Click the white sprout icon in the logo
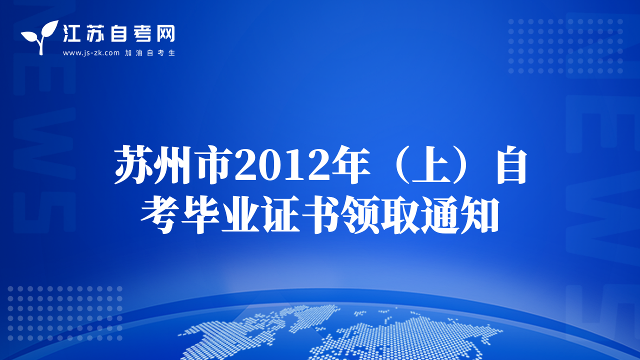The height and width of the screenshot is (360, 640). [x=40, y=37]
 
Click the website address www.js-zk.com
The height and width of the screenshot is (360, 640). [x=91, y=53]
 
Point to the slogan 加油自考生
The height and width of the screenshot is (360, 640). [x=150, y=53]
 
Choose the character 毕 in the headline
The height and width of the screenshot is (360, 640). [x=200, y=215]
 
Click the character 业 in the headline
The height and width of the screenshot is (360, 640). [x=241, y=215]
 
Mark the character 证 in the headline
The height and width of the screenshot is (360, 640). [x=281, y=215]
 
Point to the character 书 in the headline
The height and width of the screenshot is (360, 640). [x=321, y=215]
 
